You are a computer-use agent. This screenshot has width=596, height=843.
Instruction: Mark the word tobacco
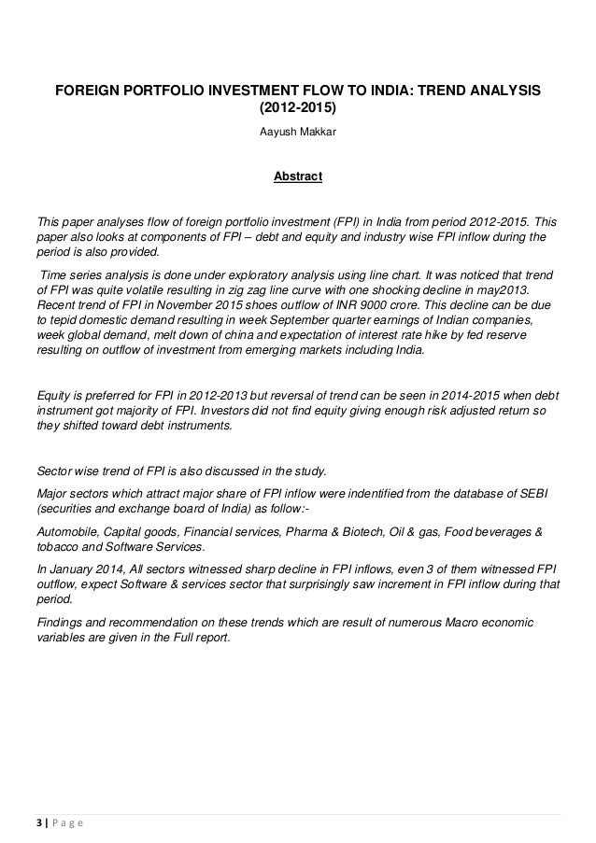click(58, 547)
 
